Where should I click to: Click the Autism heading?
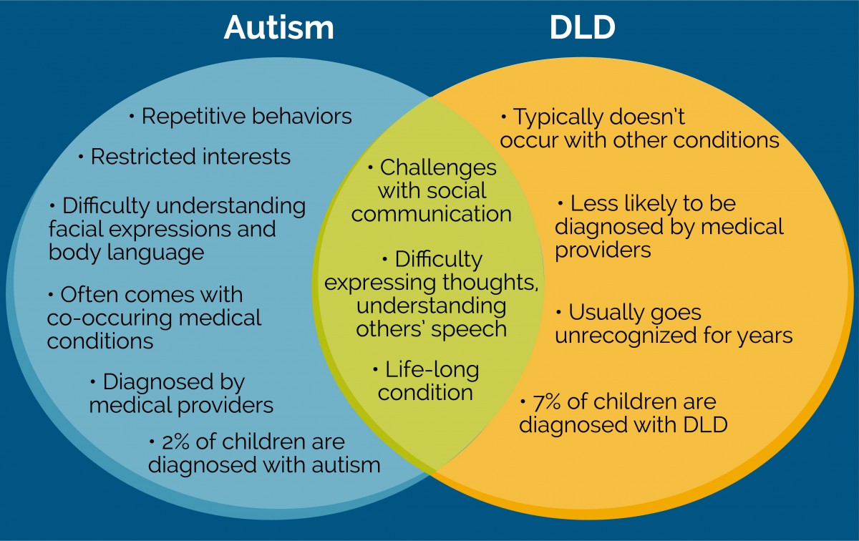pos(278,27)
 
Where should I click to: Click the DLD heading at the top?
pos(583,27)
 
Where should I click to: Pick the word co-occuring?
pos(109,318)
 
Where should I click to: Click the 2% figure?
pos(175,442)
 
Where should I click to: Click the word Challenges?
pos(438,167)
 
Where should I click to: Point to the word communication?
pos(432,214)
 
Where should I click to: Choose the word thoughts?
pos(490,283)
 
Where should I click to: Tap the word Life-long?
pos(432,370)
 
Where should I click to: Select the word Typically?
pos(558,117)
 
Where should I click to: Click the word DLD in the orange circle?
pos(706,425)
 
